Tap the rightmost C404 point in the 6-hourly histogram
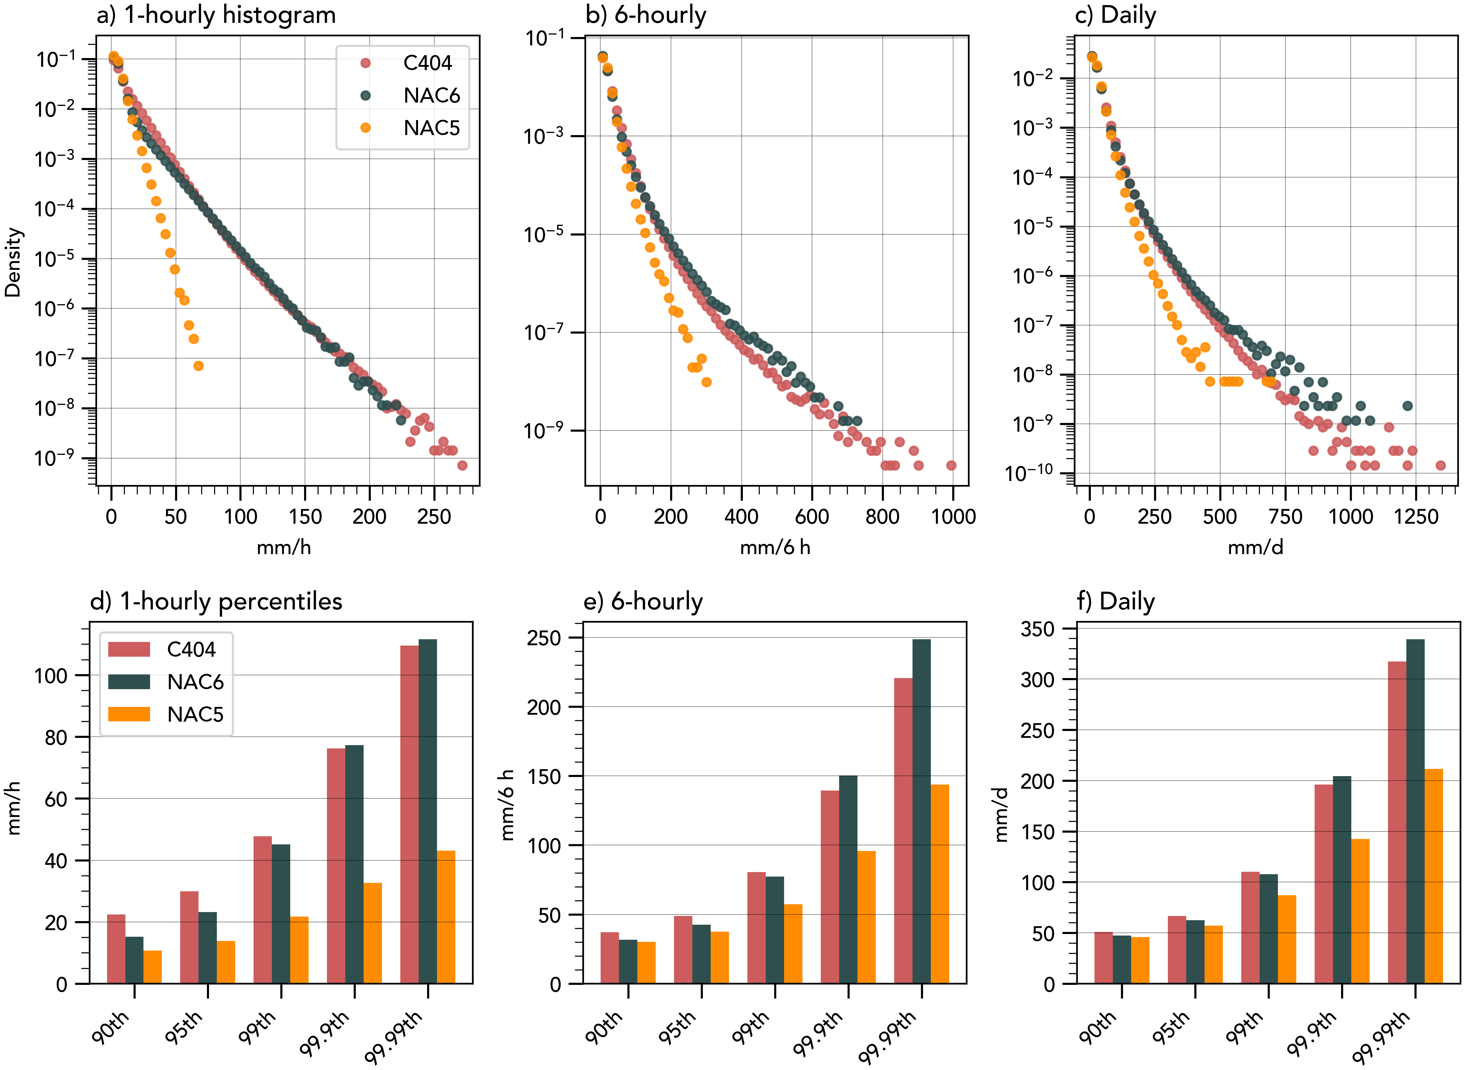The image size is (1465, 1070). tap(951, 465)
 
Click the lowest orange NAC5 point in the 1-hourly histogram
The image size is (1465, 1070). tap(199, 366)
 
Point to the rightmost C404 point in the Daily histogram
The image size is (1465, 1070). tap(1440, 465)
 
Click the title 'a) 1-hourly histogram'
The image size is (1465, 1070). tap(216, 15)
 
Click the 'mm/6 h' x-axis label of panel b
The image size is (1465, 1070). tap(775, 547)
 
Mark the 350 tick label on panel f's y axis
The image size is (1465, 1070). tap(1038, 629)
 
